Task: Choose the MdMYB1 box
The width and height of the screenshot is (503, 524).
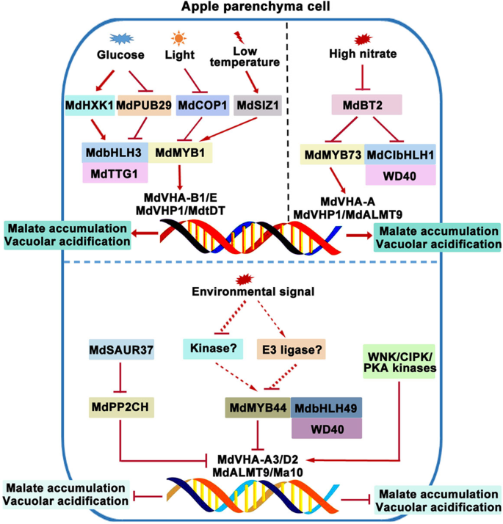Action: coord(181,153)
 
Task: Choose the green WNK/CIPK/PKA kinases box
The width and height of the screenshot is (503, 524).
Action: coord(400,363)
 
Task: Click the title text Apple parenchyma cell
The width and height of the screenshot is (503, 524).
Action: coord(252,7)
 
